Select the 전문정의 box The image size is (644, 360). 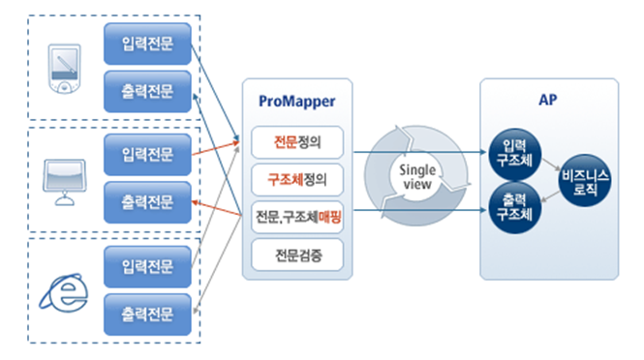pyautogui.click(x=296, y=142)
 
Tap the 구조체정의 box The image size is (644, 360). pyautogui.click(x=296, y=178)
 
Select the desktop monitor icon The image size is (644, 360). pyautogui.click(x=66, y=178)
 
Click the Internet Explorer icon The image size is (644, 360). pyautogui.click(x=64, y=289)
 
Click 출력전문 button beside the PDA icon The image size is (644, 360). pyautogui.click(x=148, y=90)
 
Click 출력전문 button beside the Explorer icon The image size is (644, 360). pyautogui.click(x=148, y=313)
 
